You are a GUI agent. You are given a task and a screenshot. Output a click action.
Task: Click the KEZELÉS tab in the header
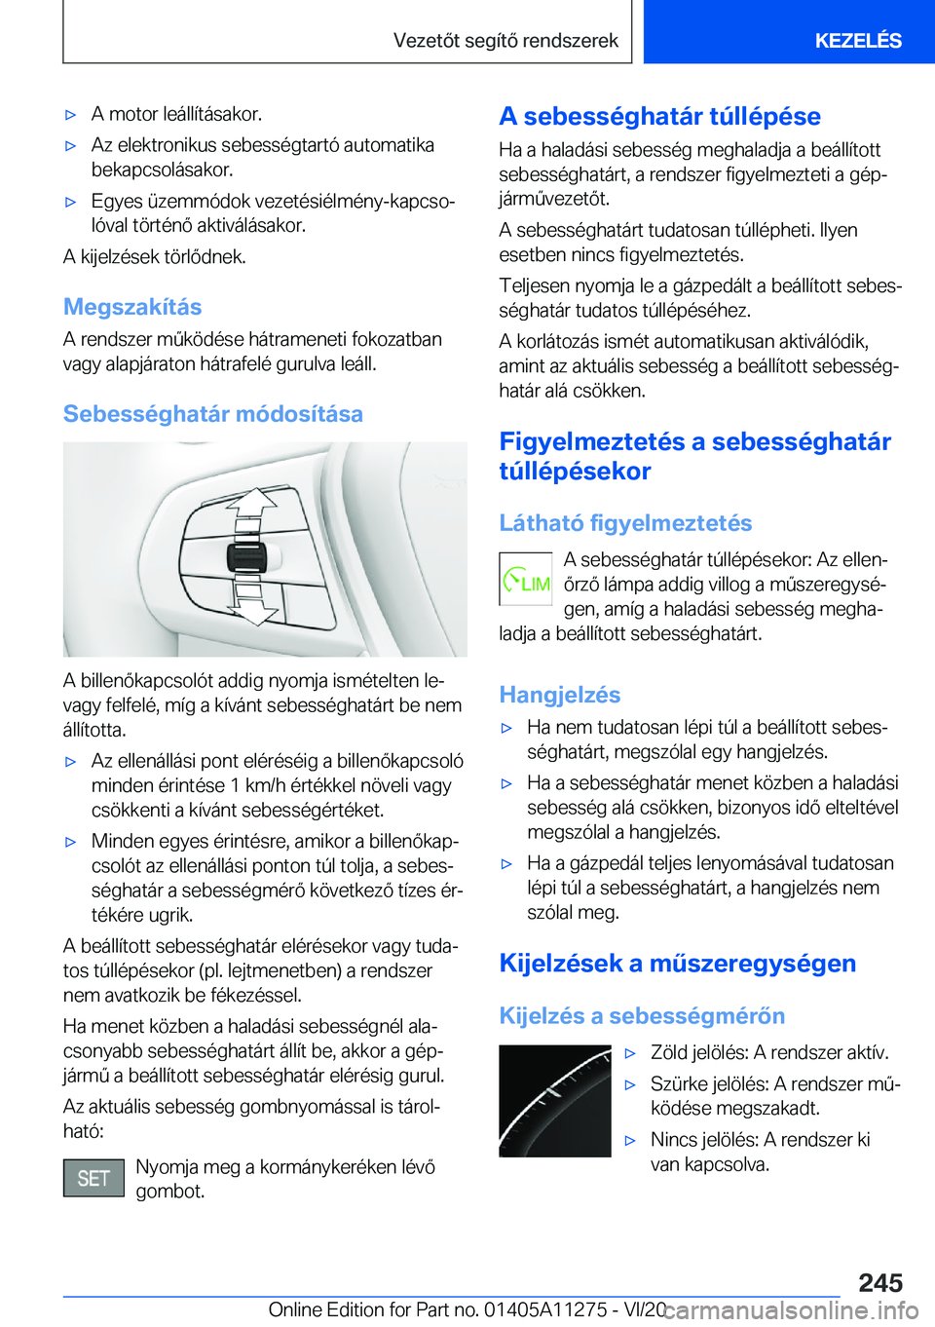click(857, 40)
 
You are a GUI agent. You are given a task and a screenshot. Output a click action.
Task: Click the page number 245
click(880, 1282)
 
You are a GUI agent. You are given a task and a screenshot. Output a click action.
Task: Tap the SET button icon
click(93, 1178)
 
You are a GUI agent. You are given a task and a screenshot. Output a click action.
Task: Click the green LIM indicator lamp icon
click(526, 583)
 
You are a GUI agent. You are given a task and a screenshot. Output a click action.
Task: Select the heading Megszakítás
click(132, 307)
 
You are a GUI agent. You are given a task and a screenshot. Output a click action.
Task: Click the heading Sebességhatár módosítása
click(212, 414)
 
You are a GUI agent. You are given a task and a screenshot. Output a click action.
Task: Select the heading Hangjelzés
click(559, 695)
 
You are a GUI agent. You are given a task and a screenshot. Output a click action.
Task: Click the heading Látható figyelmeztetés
click(625, 523)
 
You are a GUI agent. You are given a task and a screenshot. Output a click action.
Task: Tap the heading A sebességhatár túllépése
click(659, 116)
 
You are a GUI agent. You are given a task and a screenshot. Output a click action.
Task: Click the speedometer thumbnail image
click(554, 1101)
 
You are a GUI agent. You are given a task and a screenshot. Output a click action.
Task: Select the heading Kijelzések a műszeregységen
click(677, 964)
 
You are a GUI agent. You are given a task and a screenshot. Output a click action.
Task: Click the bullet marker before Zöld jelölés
click(630, 1053)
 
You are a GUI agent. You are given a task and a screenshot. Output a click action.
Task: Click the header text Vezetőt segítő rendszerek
click(505, 40)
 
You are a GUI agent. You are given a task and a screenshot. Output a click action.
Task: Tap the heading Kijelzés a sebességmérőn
click(642, 1016)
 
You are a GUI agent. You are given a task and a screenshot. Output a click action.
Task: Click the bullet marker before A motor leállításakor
click(70, 115)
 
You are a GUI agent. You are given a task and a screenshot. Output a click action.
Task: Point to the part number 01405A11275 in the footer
click(545, 1309)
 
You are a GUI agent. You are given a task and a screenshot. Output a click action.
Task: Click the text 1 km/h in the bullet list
click(262, 785)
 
